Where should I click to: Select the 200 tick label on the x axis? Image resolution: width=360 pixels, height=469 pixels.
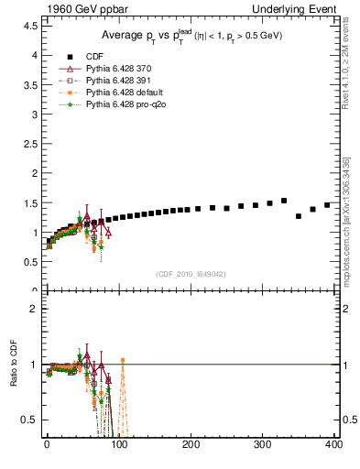[x=191, y=445]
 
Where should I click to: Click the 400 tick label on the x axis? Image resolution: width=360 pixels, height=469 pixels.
[x=333, y=445]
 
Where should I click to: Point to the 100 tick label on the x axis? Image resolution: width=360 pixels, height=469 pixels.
[x=118, y=445]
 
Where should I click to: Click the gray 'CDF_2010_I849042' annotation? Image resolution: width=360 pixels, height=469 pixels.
[x=192, y=274]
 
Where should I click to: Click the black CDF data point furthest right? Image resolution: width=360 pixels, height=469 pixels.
[x=327, y=205]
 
